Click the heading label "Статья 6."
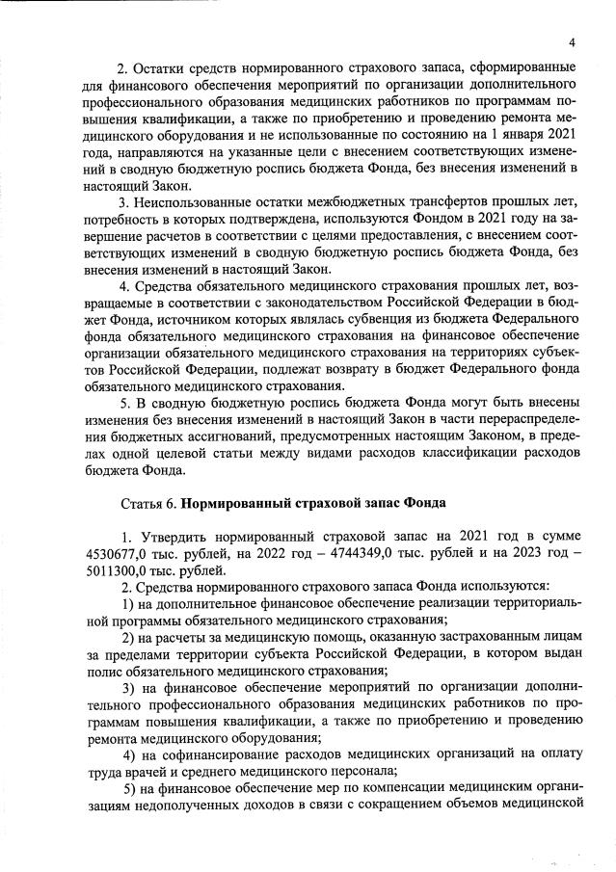click(x=147, y=503)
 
